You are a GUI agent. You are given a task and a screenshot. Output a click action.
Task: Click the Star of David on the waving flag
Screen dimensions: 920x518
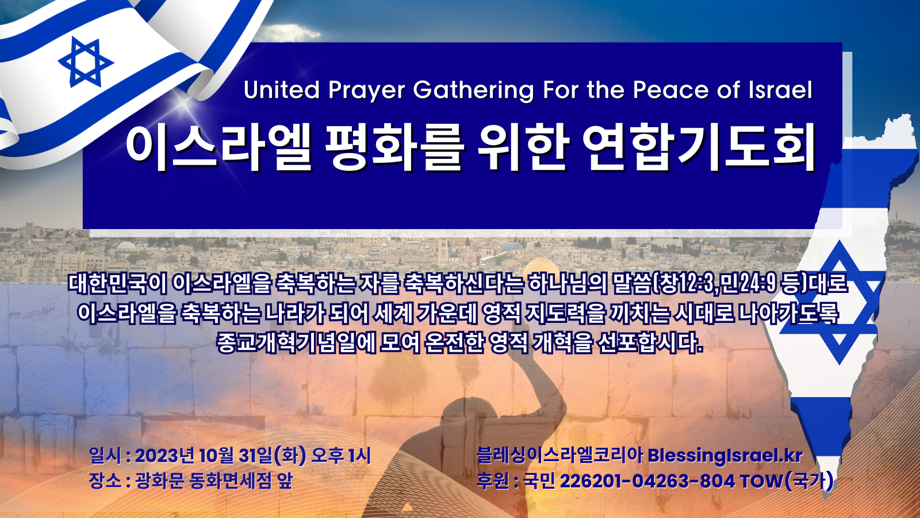86,62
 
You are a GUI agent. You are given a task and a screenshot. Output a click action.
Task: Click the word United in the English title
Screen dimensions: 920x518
282,90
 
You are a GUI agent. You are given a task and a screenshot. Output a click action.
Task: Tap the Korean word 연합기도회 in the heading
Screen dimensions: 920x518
699,147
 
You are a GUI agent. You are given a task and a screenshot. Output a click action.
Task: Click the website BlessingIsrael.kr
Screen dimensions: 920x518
725,455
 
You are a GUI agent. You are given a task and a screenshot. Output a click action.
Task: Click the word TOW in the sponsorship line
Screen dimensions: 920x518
762,481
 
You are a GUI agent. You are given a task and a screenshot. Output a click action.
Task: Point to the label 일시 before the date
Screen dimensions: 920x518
105,456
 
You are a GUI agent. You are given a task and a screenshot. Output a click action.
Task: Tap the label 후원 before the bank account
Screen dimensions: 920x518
492,481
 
